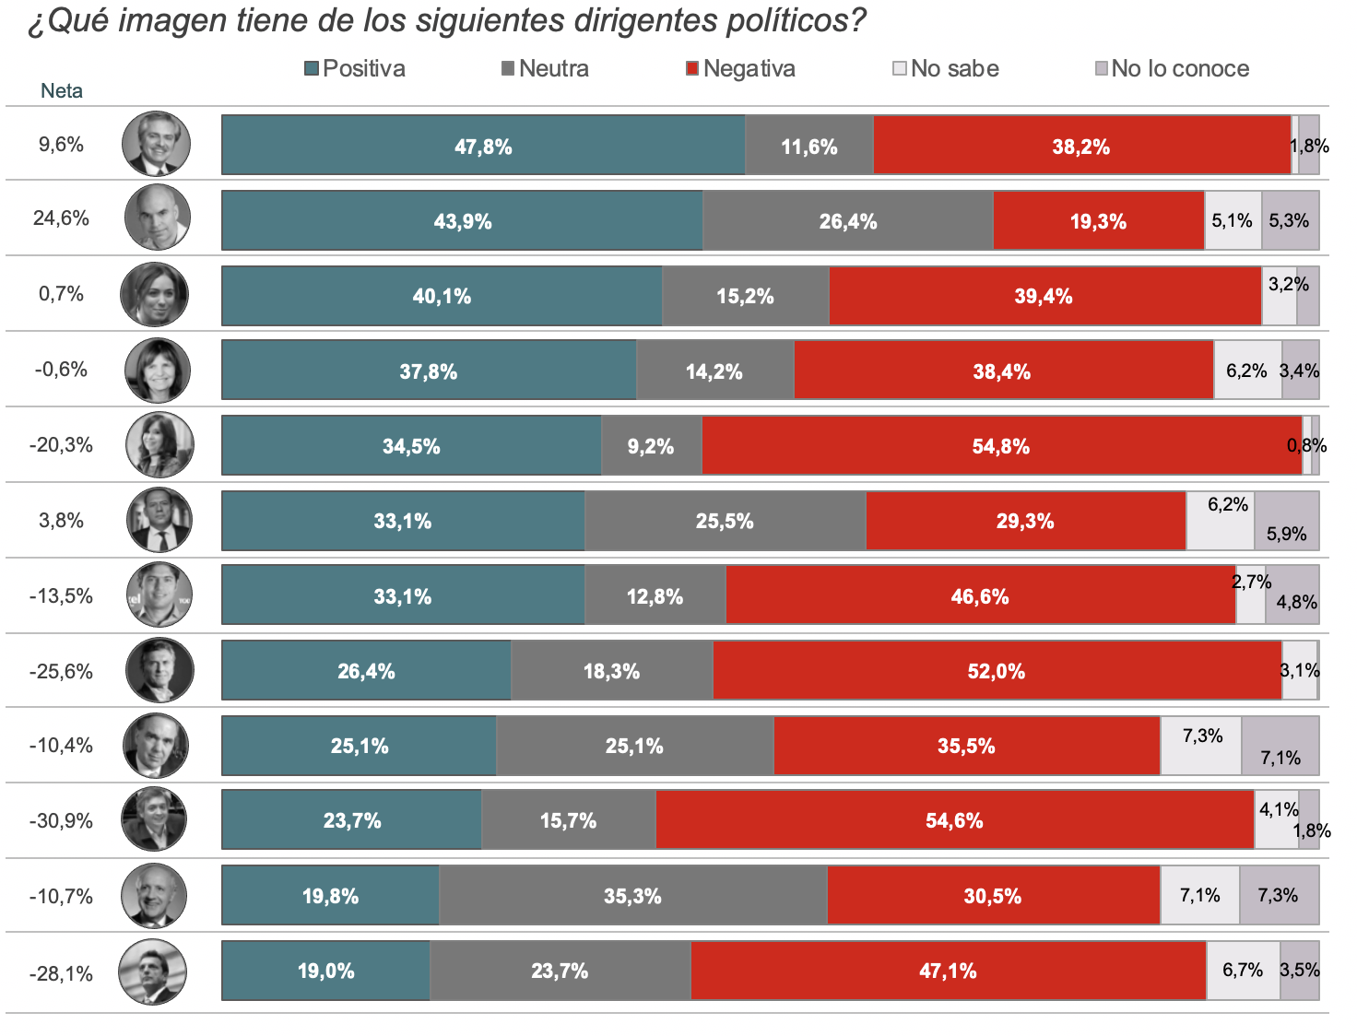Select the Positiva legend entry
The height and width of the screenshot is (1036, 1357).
click(x=355, y=68)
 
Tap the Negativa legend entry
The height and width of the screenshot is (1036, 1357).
click(x=740, y=68)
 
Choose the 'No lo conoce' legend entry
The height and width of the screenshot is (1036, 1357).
click(x=1172, y=68)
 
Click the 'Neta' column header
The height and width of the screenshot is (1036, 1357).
click(x=61, y=91)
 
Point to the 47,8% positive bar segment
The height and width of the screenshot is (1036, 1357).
click(x=483, y=145)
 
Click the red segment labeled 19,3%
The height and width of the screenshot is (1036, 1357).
click(x=1099, y=220)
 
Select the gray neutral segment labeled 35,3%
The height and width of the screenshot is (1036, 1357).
click(x=633, y=895)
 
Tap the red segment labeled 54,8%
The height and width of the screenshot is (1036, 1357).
click(x=1001, y=446)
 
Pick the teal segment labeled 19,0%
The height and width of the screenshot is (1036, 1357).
click(x=325, y=971)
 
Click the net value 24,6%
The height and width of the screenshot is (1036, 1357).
click(x=61, y=218)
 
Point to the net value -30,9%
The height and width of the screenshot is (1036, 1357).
click(x=61, y=821)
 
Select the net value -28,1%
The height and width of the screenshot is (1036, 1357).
click(x=61, y=973)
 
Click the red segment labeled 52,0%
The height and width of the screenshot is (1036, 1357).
click(x=997, y=670)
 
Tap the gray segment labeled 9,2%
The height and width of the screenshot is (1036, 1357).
click(x=652, y=446)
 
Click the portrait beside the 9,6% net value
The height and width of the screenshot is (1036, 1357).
click(x=156, y=144)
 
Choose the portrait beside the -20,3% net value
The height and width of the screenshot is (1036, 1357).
click(x=159, y=445)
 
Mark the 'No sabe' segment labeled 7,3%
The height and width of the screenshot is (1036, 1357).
click(x=1200, y=746)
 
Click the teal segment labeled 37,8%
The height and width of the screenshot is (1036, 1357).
click(x=429, y=370)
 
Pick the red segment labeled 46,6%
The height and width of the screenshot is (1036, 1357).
click(x=981, y=595)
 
